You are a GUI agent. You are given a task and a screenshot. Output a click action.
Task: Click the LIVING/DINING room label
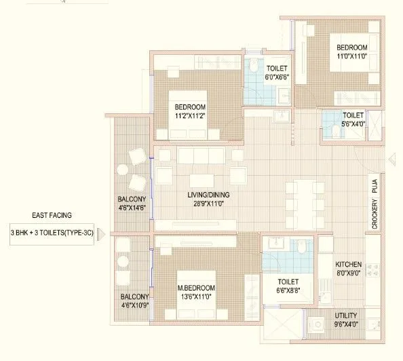[199, 195]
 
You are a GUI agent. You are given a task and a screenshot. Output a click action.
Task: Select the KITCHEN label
[348, 264]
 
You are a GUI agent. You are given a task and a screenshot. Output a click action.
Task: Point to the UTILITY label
[347, 316]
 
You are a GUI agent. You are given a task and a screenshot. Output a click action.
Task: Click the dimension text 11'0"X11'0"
[351, 57]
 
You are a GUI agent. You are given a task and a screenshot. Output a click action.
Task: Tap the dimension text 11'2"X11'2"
[190, 116]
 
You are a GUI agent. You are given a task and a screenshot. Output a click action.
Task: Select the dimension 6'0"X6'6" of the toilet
[276, 78]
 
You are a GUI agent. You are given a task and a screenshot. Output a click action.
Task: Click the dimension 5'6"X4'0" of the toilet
[353, 125]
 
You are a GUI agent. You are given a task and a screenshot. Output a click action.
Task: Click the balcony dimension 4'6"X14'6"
[132, 208]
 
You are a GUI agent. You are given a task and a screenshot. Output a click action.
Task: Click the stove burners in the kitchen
[372, 269]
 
